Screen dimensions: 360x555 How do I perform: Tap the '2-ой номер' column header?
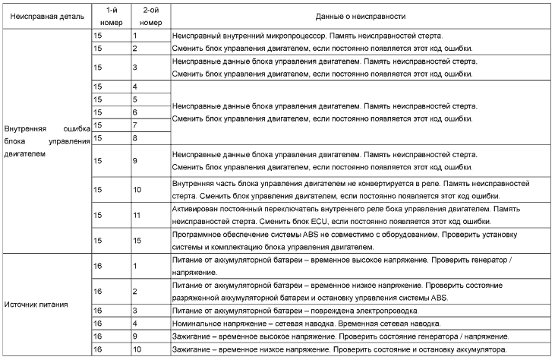[150, 16]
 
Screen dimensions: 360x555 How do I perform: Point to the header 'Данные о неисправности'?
[360, 16]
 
